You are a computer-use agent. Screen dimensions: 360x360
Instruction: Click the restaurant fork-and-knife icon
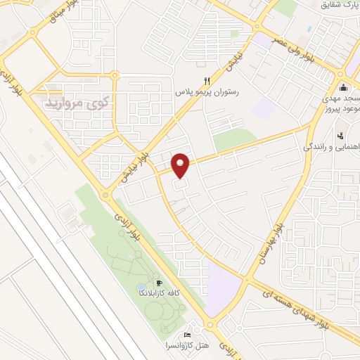[x=206, y=80]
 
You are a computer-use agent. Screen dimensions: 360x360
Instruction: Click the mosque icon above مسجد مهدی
[x=343, y=87]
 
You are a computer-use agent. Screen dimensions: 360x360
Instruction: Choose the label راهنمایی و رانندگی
[x=331, y=147]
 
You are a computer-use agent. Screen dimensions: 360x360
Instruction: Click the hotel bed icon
[x=186, y=335]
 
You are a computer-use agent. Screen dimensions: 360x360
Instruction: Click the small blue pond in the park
[x=131, y=289]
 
